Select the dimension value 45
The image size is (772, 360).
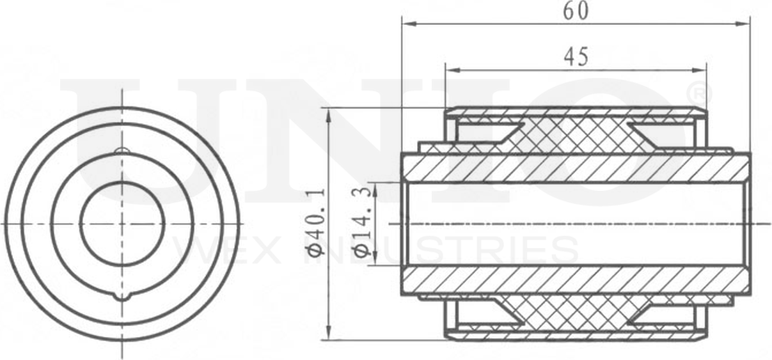pyautogui.click(x=576, y=57)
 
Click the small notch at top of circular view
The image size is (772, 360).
pyautogui.click(x=122, y=151)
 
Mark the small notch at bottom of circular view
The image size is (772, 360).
pyautogui.click(x=122, y=297)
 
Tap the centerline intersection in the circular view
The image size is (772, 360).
pyautogui.click(x=122, y=223)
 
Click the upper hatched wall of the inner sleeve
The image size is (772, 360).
pyautogui.click(x=576, y=168)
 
